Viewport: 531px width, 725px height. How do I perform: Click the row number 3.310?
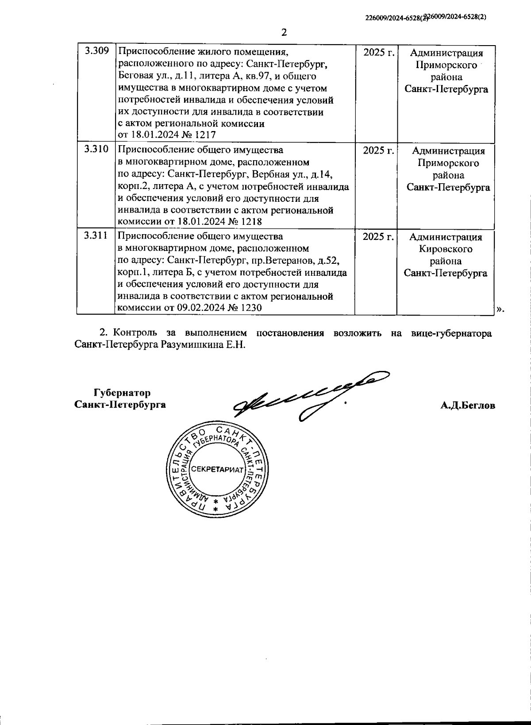[96, 149]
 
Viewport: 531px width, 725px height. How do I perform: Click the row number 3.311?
[96, 235]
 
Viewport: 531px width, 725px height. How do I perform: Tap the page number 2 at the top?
[285, 32]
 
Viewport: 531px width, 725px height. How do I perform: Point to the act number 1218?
[250, 222]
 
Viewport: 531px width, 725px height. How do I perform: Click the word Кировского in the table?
[446, 249]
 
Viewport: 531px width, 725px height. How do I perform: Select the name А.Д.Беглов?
[468, 405]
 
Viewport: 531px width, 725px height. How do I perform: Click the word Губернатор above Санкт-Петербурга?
[122, 393]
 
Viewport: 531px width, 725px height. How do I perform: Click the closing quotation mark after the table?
[499, 309]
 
